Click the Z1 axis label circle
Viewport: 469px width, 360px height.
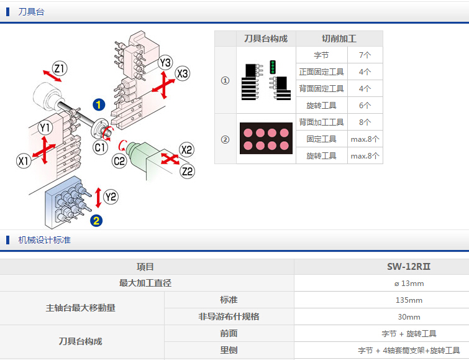(x=60, y=68)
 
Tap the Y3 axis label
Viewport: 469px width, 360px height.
(x=165, y=63)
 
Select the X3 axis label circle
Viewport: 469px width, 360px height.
(x=182, y=74)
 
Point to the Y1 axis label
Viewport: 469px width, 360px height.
(x=44, y=128)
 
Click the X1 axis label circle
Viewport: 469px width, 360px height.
(x=24, y=161)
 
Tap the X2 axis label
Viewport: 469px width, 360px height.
(x=186, y=149)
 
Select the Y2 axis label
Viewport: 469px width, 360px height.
(x=111, y=197)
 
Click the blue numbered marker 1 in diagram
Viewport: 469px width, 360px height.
(x=99, y=104)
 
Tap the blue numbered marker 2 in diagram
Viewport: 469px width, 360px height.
(x=96, y=219)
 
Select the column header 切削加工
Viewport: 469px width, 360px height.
(x=339, y=39)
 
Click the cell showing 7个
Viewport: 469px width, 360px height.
(x=365, y=55)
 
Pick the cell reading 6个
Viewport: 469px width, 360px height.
(x=365, y=105)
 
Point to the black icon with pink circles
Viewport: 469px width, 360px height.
(x=266, y=139)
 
